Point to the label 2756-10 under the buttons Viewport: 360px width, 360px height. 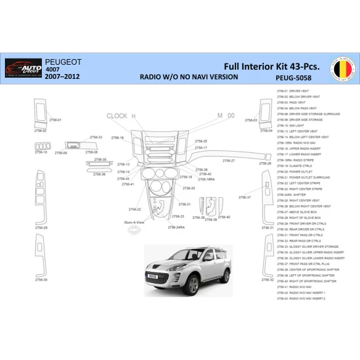point(41,152)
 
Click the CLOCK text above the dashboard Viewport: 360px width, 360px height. point(117,116)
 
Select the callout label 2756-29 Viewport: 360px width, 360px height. point(41,228)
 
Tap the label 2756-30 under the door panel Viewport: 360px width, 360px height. point(41,280)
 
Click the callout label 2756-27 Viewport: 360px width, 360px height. point(228,160)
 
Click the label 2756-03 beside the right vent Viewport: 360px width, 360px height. point(251,120)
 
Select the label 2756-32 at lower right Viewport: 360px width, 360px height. point(267,280)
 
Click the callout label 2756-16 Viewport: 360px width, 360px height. point(118,137)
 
